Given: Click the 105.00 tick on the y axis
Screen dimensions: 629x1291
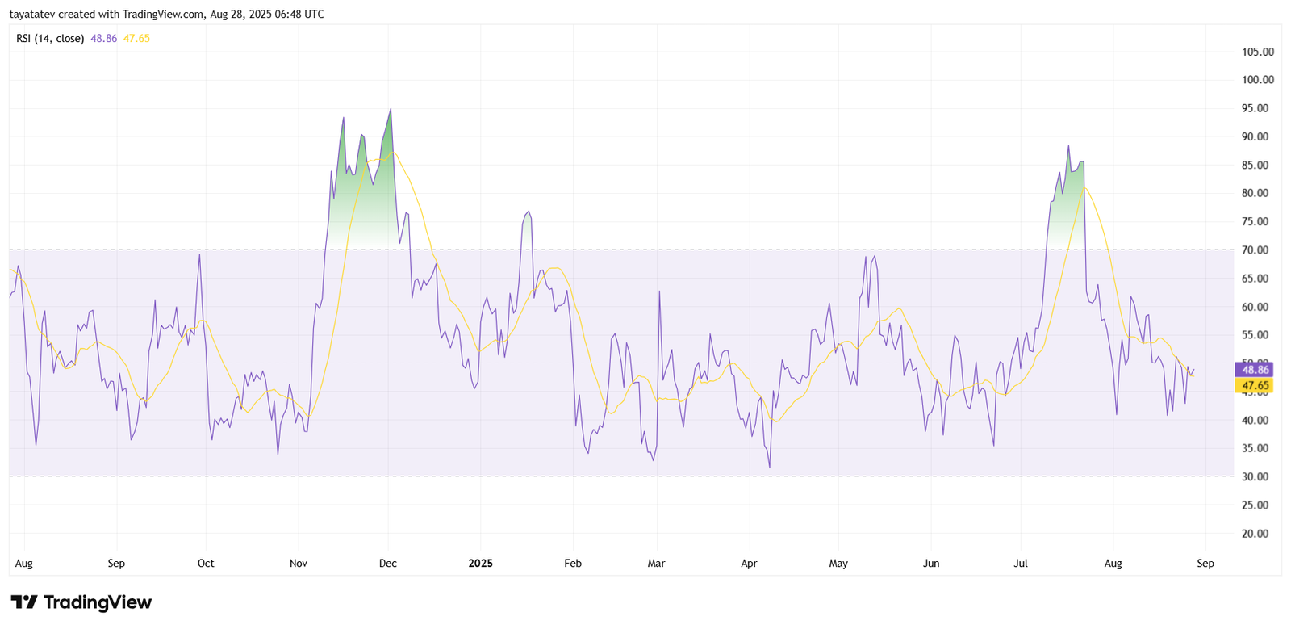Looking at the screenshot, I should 1257,52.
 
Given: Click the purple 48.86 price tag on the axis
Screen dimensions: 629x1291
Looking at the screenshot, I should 1255,370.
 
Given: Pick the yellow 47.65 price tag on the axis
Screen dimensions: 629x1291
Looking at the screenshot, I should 1255,386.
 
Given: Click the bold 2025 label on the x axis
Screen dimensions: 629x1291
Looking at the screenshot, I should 480,564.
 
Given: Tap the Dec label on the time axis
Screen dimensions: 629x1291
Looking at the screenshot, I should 387,564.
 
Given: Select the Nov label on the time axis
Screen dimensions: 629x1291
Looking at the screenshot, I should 299,564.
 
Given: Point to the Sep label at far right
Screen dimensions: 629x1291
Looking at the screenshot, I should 1205,564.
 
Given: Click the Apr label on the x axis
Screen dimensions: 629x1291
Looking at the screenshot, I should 749,564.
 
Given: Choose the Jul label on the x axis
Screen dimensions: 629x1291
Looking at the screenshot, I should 1021,564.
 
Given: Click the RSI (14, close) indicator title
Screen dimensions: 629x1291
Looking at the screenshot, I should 50,38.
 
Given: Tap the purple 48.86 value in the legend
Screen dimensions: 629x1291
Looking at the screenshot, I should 103,38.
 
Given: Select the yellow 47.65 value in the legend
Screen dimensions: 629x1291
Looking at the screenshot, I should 136,38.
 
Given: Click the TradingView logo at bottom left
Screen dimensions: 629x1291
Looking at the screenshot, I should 81,602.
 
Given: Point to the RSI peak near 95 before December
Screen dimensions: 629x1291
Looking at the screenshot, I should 391,109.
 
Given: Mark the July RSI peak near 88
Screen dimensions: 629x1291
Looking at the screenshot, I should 1068,146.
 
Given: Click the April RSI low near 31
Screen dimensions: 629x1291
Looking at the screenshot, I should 770,467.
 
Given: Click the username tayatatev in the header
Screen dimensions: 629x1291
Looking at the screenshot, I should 31,15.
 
